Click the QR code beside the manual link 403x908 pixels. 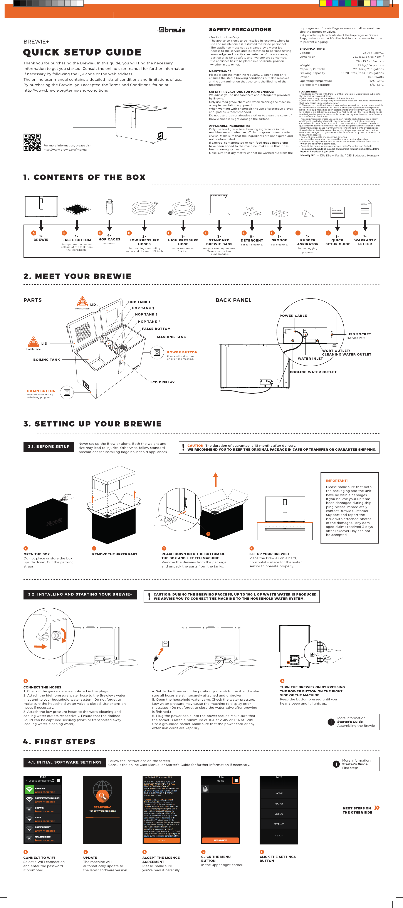point(32,142)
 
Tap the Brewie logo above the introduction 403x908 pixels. point(172,30)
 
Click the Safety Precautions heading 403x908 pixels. point(240,30)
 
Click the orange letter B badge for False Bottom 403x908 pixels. point(64,233)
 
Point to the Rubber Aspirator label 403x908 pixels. point(308,242)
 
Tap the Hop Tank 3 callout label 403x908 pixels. point(146,314)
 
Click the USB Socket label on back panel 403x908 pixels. point(359,334)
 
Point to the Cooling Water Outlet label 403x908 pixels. point(313,372)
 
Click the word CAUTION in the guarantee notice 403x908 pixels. point(196,446)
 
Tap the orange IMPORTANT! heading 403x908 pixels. point(336,480)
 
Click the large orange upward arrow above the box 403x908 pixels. point(215,479)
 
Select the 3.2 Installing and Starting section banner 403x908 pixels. point(80,594)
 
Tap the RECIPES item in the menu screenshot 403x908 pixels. point(279,804)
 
